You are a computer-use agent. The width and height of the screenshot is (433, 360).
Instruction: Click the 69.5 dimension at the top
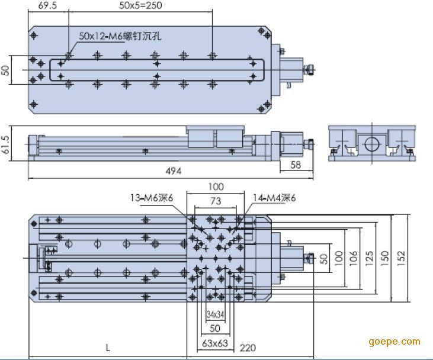47,5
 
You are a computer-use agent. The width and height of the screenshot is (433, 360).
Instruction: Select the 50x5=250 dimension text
140,5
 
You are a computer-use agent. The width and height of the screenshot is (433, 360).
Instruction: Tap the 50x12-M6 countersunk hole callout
120,36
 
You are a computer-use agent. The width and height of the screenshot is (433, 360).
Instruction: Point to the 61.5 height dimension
5,144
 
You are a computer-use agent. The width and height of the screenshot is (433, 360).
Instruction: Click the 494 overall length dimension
174,171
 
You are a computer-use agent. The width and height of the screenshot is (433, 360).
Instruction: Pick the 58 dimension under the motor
296,165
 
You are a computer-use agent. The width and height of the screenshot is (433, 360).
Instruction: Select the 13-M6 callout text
152,198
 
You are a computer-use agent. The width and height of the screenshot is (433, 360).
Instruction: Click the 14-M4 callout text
274,198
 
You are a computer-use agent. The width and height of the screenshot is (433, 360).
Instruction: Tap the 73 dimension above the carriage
216,201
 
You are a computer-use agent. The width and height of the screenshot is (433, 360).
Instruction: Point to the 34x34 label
215,314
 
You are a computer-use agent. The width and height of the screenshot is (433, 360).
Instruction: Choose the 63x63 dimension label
215,343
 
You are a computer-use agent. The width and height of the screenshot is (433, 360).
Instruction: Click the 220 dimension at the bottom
248,348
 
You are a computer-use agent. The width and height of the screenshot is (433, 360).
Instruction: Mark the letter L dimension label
108,348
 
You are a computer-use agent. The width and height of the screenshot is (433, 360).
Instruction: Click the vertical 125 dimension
370,258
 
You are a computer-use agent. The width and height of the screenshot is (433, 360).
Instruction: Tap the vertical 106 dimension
354,258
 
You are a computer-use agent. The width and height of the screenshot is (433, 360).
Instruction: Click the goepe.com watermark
394,342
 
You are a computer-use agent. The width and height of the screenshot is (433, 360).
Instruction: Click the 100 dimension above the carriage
216,187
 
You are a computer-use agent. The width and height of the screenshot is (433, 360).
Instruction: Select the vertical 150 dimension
384,258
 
